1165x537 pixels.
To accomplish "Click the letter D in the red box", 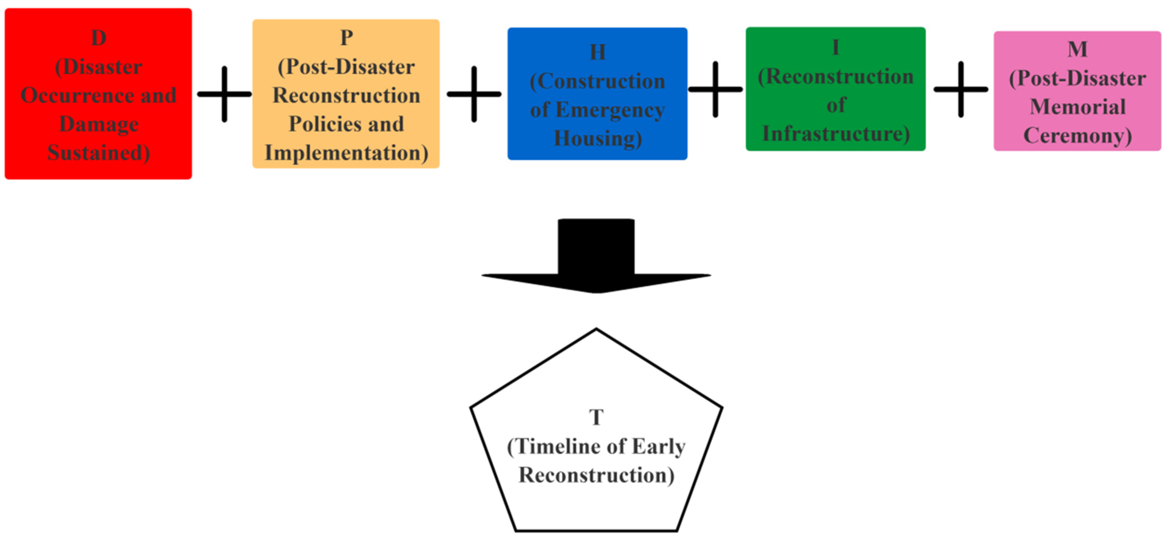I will [x=99, y=38].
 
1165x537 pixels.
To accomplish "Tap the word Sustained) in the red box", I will [x=99, y=153].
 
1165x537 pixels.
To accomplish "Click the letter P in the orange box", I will [x=346, y=38].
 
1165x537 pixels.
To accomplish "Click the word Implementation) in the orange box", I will [x=346, y=153].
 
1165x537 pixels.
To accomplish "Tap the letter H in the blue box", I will [x=597, y=52].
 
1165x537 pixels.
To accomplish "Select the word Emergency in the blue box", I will [x=610, y=110].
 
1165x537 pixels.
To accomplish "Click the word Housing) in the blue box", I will [x=597, y=139].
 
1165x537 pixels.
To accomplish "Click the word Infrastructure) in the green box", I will [x=836, y=134].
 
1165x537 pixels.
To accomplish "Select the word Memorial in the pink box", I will [x=1077, y=107].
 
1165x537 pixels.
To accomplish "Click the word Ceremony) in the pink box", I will [x=1077, y=136].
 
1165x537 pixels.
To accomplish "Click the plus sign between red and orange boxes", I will [x=224, y=94].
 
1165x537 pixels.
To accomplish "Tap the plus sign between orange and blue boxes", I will [x=474, y=94].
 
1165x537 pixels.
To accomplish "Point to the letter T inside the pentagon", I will [x=596, y=417].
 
